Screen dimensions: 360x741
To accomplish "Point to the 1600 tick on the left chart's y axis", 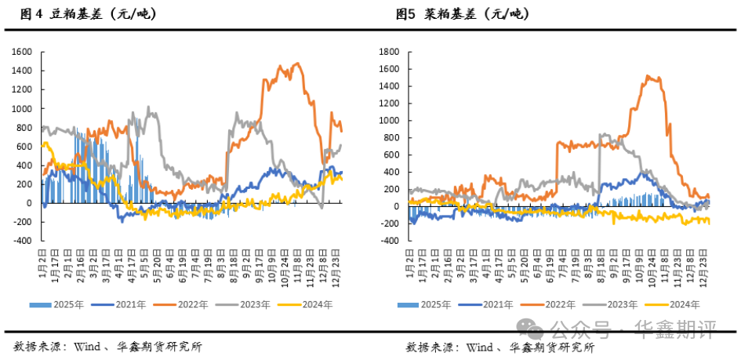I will (21, 52).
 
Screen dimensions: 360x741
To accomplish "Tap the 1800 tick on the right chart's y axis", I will (389, 52).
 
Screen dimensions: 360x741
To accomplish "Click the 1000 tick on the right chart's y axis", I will (389, 121).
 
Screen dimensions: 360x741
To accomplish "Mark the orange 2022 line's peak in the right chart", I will (648, 76).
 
